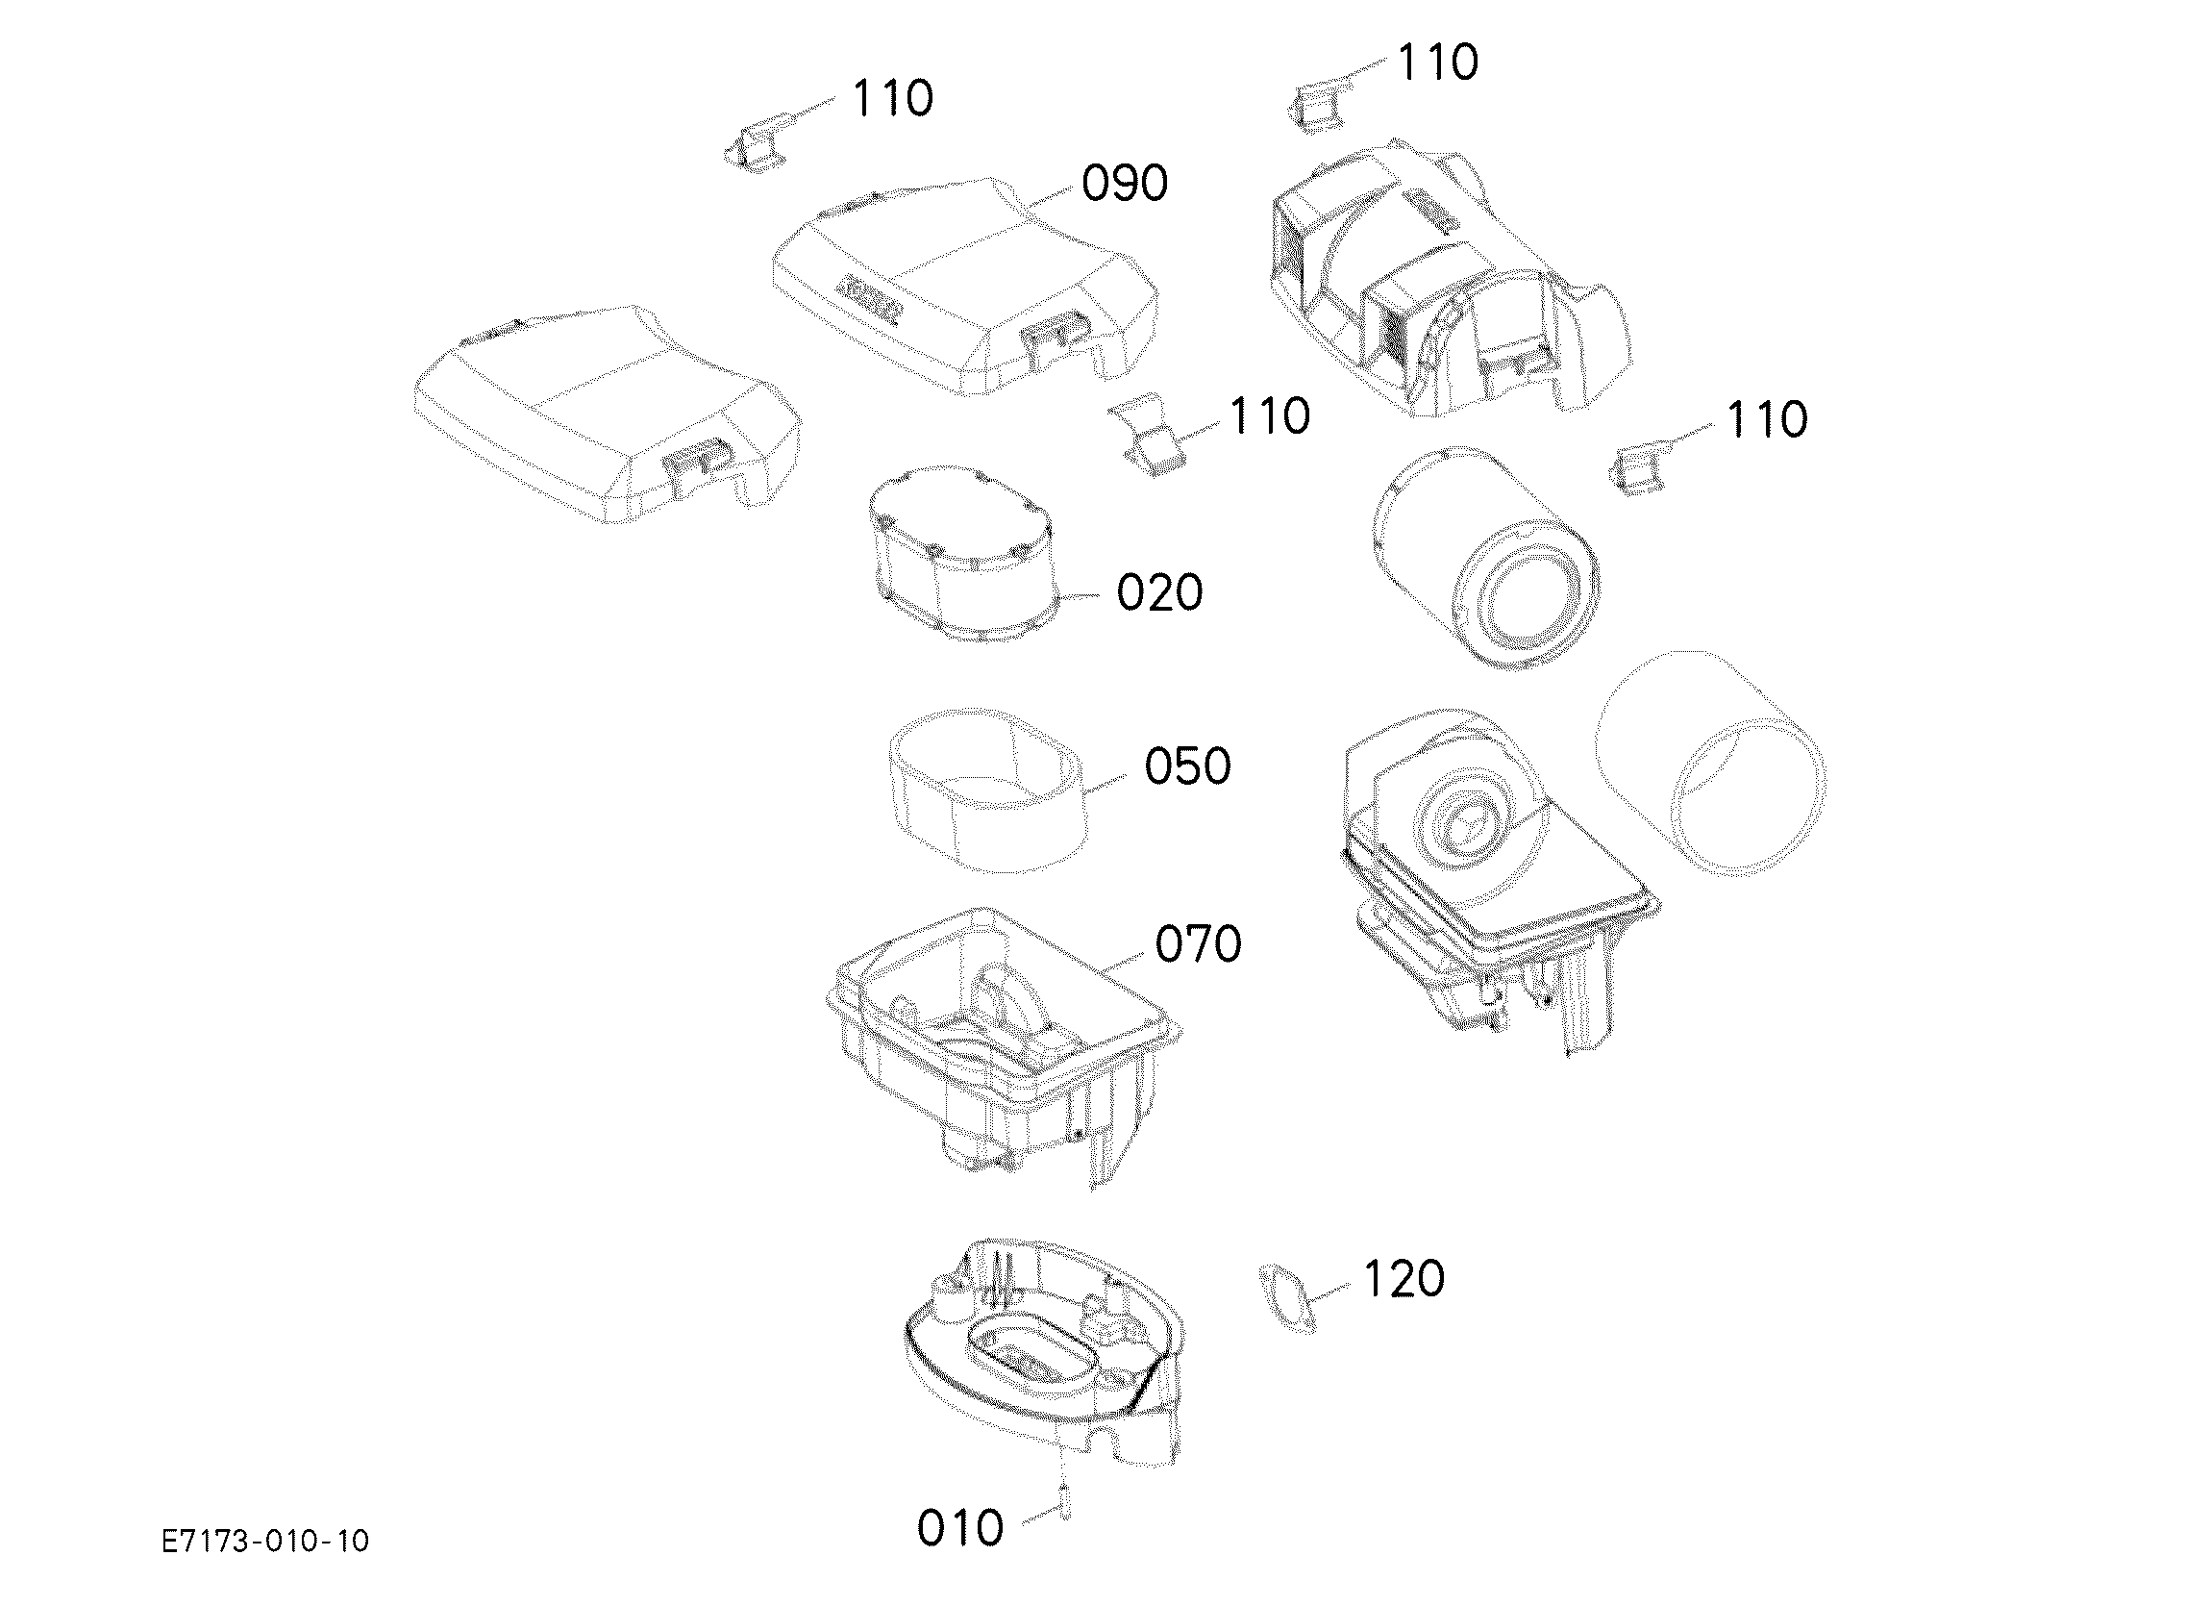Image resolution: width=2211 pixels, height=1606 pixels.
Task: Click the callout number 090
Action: click(1124, 184)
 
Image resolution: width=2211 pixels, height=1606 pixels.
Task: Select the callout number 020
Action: click(1159, 592)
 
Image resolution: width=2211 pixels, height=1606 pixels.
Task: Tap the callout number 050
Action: click(1186, 766)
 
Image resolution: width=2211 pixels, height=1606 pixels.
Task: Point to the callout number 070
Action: click(1198, 944)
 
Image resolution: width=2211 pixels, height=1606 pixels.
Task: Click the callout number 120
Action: click(1403, 1278)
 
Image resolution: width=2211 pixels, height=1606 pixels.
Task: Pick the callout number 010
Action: click(960, 1528)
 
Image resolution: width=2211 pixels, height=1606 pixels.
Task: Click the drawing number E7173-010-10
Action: click(265, 1542)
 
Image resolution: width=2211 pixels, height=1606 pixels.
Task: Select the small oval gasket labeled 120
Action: click(1285, 1296)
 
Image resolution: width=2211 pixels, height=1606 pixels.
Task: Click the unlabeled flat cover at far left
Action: click(608, 414)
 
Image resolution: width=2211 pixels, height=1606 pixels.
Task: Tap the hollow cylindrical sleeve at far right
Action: click(1711, 763)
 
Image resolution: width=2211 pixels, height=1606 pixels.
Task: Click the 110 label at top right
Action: click(1438, 63)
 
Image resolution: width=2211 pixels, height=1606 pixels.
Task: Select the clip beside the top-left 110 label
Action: click(757, 143)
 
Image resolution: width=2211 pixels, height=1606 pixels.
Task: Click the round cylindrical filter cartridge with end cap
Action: click(1484, 558)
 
